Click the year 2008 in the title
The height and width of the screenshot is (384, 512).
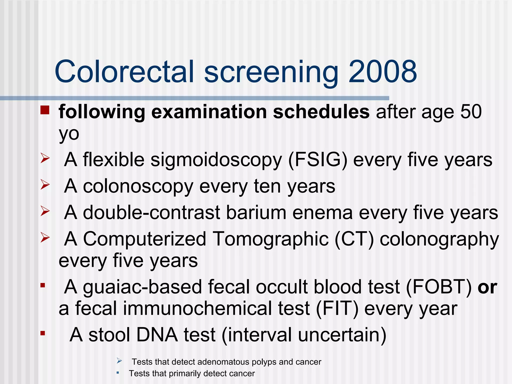pyautogui.click(x=382, y=72)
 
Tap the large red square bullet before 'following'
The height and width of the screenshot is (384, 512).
pyautogui.click(x=45, y=110)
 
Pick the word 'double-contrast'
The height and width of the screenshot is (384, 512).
pyautogui.click(x=151, y=212)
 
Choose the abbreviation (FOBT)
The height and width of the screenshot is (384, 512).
pyautogui.click(x=439, y=287)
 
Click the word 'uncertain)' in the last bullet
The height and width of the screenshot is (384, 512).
pyautogui.click(x=342, y=335)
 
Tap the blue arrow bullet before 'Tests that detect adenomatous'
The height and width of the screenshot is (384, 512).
pyautogui.click(x=119, y=361)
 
